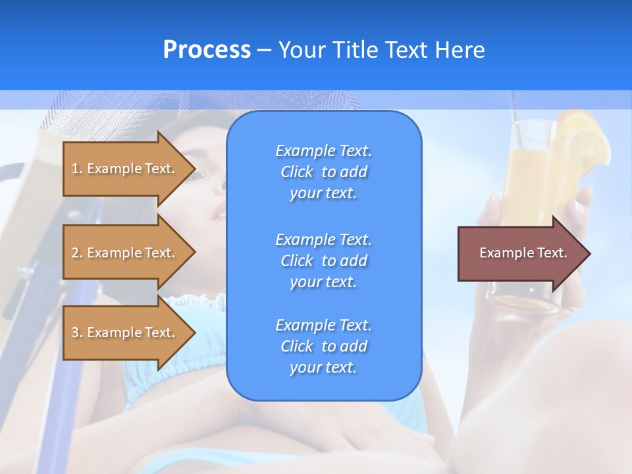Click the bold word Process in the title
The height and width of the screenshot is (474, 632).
click(207, 50)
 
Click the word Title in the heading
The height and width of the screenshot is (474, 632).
click(355, 50)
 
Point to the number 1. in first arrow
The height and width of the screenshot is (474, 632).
click(76, 169)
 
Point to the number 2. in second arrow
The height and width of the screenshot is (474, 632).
click(76, 253)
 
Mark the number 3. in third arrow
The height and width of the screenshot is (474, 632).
click(76, 332)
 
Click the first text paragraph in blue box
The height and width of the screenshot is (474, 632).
click(323, 172)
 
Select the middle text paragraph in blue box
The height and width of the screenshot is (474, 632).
click(323, 261)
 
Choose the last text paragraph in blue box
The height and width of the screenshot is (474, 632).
click(323, 346)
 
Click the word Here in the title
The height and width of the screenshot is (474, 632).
click(460, 50)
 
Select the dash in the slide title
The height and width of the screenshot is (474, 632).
click(264, 50)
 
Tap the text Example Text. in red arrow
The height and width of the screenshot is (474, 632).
click(523, 253)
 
